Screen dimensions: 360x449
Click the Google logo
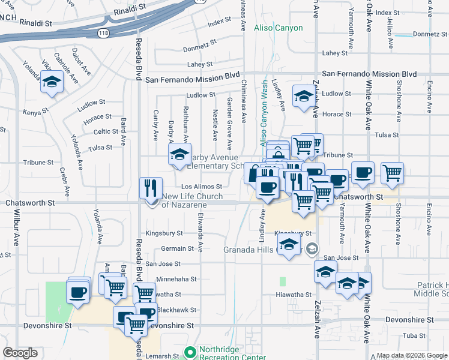(20, 353)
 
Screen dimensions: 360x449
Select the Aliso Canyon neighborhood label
(278, 28)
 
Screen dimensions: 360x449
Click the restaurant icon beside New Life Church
(151, 188)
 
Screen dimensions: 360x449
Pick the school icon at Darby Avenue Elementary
(178, 155)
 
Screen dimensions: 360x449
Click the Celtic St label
(106, 131)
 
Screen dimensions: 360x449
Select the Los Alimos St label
(202, 187)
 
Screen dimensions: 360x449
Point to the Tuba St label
(414, 335)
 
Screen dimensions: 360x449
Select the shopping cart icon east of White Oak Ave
(392, 172)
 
